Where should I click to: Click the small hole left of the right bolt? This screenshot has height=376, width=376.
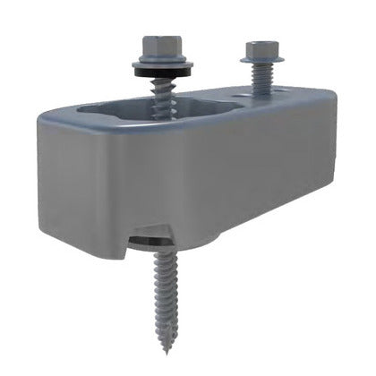[x=235, y=92]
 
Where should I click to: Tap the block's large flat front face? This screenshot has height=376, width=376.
[x=179, y=179]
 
